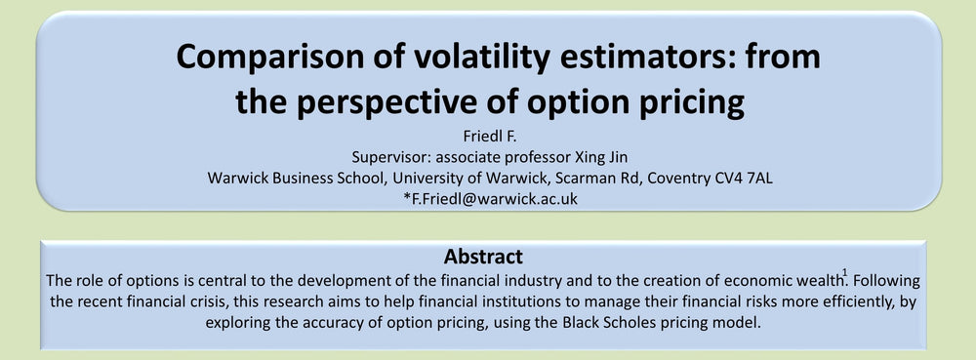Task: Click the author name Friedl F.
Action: tap(489, 137)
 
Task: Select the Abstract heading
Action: tap(483, 257)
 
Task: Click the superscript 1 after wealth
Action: tap(844, 272)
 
